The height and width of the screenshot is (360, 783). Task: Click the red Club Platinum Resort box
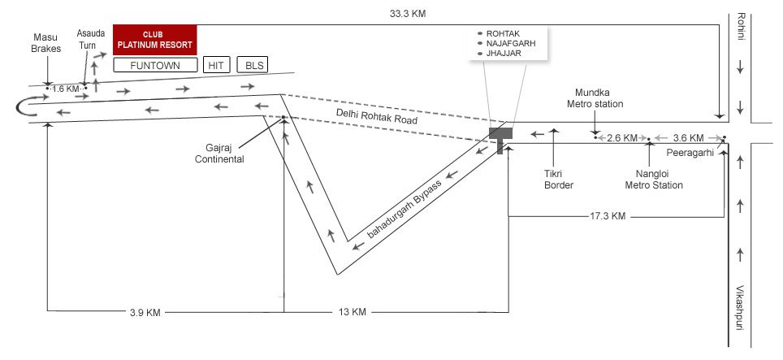[155, 40]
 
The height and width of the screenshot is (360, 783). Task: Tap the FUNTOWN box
[155, 65]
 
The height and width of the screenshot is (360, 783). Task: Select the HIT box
[216, 65]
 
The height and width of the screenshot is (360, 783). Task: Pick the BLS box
[253, 65]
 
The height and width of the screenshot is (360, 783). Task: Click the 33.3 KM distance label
[408, 14]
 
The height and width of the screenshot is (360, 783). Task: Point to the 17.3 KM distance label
[608, 216]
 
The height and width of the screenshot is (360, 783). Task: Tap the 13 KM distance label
[352, 312]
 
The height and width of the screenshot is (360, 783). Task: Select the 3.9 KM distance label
[145, 313]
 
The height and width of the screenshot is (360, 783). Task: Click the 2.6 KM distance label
[622, 138]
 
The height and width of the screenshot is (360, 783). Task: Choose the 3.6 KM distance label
[688, 137]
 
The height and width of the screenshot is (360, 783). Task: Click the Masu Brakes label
[46, 43]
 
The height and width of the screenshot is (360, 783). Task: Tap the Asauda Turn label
[90, 40]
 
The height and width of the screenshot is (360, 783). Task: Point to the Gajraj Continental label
[219, 154]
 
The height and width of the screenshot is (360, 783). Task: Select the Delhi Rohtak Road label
[377, 116]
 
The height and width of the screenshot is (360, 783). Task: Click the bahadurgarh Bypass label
[404, 209]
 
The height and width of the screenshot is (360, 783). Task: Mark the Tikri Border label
[559, 180]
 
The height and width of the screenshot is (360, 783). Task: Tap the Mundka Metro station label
[599, 98]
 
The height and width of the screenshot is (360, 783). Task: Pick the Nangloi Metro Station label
[654, 180]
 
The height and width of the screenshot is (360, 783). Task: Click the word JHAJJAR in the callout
[504, 54]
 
